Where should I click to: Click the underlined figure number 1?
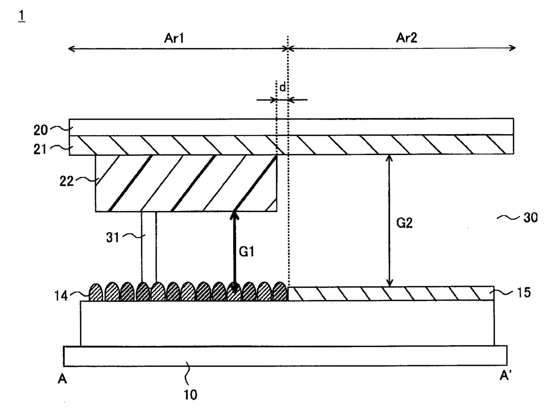[22, 16]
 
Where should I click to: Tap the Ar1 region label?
[174, 38]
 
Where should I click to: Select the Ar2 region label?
[407, 38]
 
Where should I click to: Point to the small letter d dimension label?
[282, 87]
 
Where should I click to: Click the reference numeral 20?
[41, 130]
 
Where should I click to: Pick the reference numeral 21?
[40, 149]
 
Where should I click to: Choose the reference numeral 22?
[66, 181]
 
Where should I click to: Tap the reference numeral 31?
[113, 237]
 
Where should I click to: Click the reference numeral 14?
[61, 296]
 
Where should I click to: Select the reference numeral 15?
[524, 292]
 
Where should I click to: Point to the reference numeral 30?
[530, 218]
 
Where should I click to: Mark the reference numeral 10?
[190, 395]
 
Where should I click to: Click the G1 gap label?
[247, 252]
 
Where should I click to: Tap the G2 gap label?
[404, 223]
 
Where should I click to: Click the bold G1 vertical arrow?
[234, 252]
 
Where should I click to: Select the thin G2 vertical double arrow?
[389, 221]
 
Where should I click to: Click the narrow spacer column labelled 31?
[149, 247]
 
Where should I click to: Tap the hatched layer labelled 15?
[391, 294]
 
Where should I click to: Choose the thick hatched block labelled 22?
[186, 183]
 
